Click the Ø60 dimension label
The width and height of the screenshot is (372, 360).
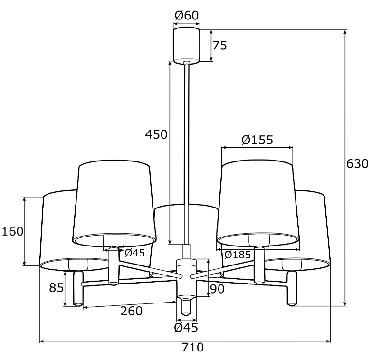pos(187,16)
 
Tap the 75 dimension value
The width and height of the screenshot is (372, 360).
pos(219,46)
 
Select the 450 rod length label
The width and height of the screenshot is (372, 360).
pos(156,134)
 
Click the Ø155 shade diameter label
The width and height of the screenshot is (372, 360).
pos(257,140)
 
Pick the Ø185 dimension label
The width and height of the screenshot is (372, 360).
pos(238,255)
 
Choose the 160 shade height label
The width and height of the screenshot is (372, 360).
pos(12,231)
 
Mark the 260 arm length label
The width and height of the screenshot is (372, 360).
pos(131,311)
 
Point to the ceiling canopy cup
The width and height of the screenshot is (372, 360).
pos(187,45)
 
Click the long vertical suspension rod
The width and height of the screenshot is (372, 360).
pos(187,152)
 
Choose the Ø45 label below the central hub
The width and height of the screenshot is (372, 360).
pos(186,327)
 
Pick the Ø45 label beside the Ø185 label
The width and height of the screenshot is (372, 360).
pos(134,253)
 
